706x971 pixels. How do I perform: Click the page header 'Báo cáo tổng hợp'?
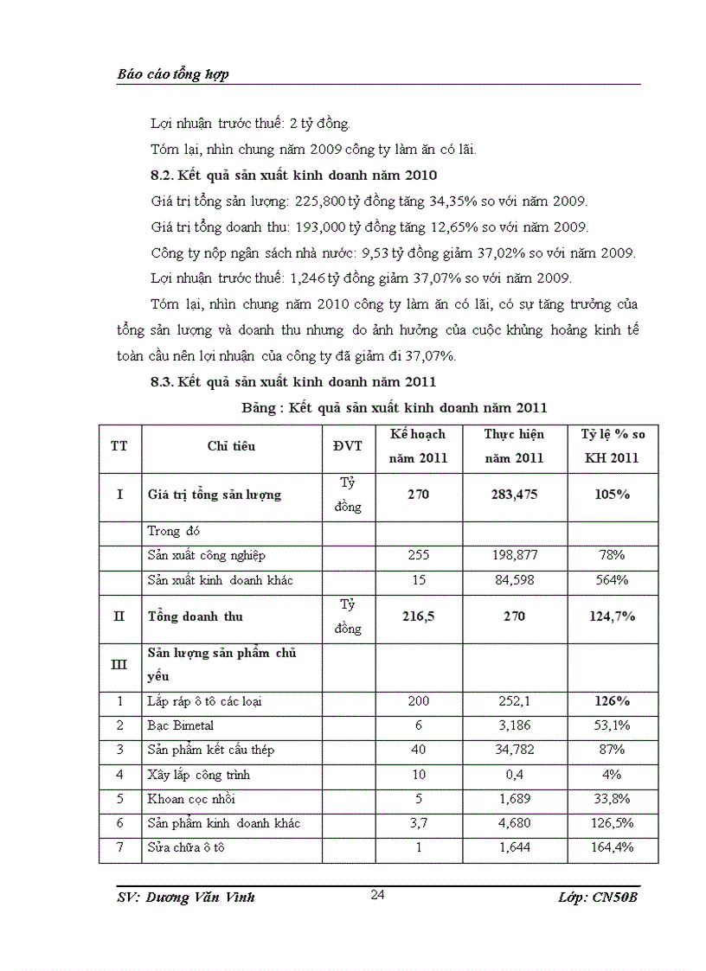(173, 74)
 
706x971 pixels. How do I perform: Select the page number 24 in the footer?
(377, 895)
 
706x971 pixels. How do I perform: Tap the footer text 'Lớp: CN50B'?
(599, 898)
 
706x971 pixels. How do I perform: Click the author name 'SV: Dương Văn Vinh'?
(186, 898)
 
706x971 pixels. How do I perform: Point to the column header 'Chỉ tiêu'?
(231, 446)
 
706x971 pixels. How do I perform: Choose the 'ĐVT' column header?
(348, 446)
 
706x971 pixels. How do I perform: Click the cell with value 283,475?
(514, 495)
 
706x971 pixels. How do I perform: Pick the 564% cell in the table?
(613, 580)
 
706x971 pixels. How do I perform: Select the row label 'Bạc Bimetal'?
(181, 725)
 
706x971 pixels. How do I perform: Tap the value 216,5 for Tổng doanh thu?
(418, 616)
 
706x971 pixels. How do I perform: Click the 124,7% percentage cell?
(613, 616)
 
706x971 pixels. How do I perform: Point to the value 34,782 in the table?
(514, 750)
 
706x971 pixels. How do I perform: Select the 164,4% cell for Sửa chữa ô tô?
(613, 847)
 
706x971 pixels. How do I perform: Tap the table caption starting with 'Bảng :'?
(393, 407)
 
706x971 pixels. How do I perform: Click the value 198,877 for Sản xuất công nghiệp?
(514, 556)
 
